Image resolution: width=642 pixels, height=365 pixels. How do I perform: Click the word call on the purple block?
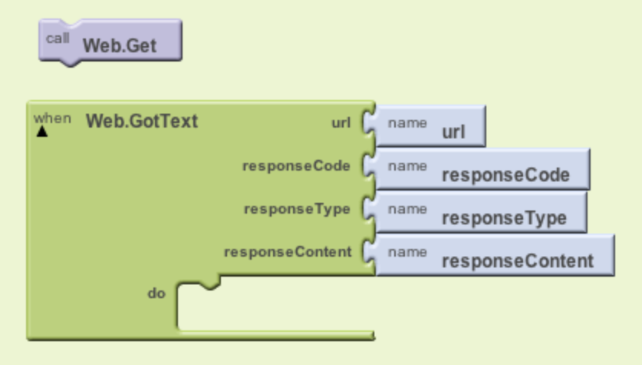tap(58, 38)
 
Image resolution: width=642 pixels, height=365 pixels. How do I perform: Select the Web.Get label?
tap(120, 45)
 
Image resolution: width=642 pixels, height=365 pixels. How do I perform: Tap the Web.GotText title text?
tap(142, 121)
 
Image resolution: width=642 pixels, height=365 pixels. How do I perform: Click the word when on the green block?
tap(52, 118)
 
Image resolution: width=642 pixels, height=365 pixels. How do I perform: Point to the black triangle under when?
tap(42, 131)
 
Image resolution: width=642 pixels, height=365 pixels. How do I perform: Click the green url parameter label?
tap(341, 123)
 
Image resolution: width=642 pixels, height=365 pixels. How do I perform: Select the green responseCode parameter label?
tap(296, 166)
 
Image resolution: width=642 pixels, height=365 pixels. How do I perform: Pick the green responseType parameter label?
tap(298, 209)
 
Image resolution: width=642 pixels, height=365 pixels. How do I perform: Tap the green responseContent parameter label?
tap(288, 252)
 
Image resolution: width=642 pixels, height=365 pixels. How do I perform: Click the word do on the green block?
tap(156, 294)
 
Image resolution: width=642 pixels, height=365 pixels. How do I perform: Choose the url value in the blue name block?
tap(453, 132)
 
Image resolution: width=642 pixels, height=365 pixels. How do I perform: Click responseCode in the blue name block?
tap(506, 175)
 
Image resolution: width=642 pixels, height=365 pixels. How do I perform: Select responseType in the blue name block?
tap(505, 218)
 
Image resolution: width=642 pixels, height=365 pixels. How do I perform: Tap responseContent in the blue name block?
tap(518, 261)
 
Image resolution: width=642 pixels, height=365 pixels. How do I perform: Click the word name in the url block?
tap(407, 123)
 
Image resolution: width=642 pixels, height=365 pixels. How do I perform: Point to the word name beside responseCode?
tap(407, 166)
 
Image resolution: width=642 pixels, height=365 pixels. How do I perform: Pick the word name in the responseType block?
tap(407, 209)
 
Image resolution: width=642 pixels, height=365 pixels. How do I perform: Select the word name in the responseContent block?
tap(407, 252)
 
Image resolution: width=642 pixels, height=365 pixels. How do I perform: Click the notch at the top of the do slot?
tap(209, 284)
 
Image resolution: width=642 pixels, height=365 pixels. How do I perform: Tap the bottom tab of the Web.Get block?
tap(71, 62)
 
